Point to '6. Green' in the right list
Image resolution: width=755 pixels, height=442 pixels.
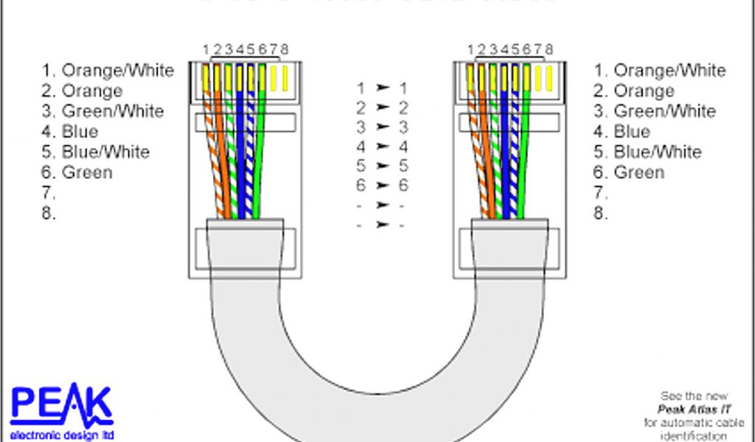(x=631, y=172)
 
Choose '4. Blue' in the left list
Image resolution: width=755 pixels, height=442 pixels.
(x=70, y=132)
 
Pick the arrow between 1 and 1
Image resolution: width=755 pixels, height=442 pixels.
(x=382, y=88)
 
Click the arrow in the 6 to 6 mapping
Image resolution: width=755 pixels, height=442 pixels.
(x=382, y=185)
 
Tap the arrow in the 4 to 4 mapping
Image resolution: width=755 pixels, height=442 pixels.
(x=382, y=147)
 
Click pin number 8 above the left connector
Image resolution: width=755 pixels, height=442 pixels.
(x=285, y=49)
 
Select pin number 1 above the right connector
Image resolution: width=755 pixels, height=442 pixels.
(x=471, y=49)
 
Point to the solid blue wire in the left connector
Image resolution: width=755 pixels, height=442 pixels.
(x=239, y=147)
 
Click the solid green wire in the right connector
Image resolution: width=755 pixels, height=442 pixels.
(x=526, y=147)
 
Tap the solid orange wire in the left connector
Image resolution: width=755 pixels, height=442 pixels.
(x=220, y=147)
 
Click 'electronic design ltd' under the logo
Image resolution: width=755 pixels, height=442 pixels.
(x=62, y=435)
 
